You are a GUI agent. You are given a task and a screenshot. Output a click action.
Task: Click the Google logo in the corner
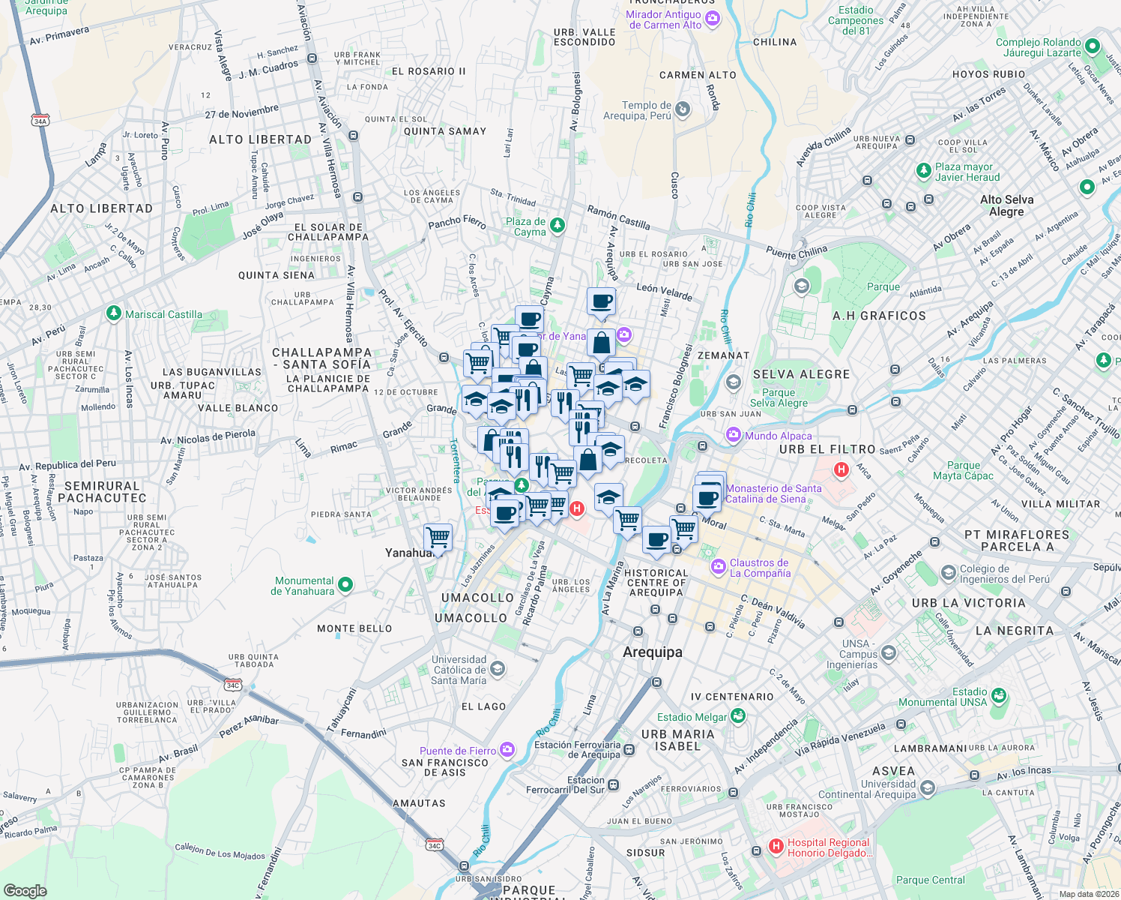click(x=25, y=890)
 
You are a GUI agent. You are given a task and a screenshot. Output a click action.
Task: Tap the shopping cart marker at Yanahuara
click(x=438, y=538)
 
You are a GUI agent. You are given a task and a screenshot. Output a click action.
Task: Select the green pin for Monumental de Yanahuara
click(x=345, y=585)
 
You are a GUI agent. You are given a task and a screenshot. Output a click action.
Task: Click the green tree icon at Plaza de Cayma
click(x=557, y=225)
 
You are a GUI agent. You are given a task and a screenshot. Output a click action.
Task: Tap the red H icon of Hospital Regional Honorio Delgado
click(x=776, y=847)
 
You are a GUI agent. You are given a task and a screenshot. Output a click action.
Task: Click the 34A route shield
click(x=40, y=120)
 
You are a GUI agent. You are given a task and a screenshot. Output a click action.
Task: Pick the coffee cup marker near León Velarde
click(x=601, y=301)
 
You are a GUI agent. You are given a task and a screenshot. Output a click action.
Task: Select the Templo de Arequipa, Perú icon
click(x=682, y=110)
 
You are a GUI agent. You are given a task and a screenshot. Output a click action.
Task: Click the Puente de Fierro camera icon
click(x=507, y=750)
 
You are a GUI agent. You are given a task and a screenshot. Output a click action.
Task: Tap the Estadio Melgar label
click(x=692, y=717)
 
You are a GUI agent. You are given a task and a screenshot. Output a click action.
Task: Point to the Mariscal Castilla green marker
click(x=113, y=313)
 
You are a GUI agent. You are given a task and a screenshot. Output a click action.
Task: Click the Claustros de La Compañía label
click(x=760, y=568)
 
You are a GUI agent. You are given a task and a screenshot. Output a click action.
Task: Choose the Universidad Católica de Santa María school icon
click(x=498, y=669)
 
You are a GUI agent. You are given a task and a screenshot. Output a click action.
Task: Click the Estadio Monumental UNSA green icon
click(x=998, y=696)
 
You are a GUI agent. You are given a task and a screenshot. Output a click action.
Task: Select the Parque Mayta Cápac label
click(x=963, y=470)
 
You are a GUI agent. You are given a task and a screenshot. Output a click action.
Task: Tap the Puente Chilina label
click(x=797, y=253)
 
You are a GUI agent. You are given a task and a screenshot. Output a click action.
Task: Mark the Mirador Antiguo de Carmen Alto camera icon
click(x=712, y=19)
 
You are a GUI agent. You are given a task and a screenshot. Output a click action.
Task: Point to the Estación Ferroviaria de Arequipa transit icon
click(x=629, y=749)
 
